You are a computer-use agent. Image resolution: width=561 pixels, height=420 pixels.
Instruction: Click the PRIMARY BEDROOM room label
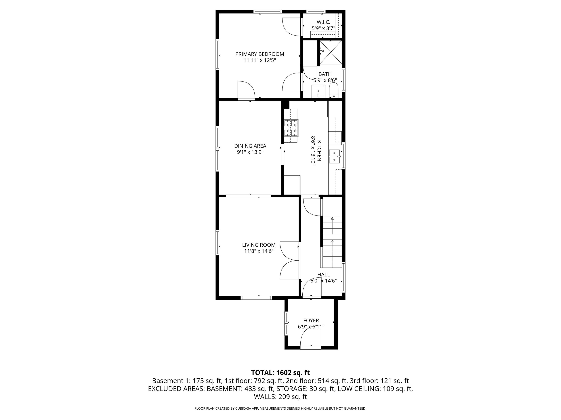point(259,54)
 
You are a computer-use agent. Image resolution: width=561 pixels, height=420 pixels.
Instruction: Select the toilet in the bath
point(333,91)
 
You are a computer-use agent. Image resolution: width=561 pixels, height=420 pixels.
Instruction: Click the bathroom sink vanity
point(318,91)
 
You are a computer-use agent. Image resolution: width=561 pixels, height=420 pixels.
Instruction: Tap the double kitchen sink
point(335,156)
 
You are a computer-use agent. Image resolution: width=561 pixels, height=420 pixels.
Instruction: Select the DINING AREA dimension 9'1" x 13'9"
point(250,152)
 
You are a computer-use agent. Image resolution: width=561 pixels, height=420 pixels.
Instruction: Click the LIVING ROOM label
point(259,245)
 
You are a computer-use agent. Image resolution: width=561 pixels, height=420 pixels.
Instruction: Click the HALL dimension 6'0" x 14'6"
point(323,281)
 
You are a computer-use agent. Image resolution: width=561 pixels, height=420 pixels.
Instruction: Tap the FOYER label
point(311,320)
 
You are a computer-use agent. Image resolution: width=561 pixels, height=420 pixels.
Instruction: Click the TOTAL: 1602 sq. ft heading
point(280,373)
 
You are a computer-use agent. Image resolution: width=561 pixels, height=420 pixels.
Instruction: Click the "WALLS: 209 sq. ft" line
point(280,397)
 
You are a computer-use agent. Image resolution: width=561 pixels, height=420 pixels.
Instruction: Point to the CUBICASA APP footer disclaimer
point(280,408)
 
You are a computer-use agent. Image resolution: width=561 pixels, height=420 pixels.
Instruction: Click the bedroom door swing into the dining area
point(68,90)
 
